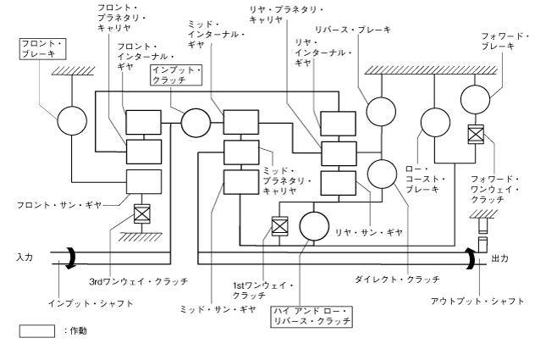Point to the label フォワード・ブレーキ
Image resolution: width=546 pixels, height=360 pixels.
pos(508,42)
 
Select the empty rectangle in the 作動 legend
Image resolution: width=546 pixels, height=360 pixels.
pos(36,331)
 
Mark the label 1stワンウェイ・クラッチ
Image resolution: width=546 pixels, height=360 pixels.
pos(254,289)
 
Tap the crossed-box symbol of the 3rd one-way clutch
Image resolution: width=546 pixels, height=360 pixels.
pos(141,213)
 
